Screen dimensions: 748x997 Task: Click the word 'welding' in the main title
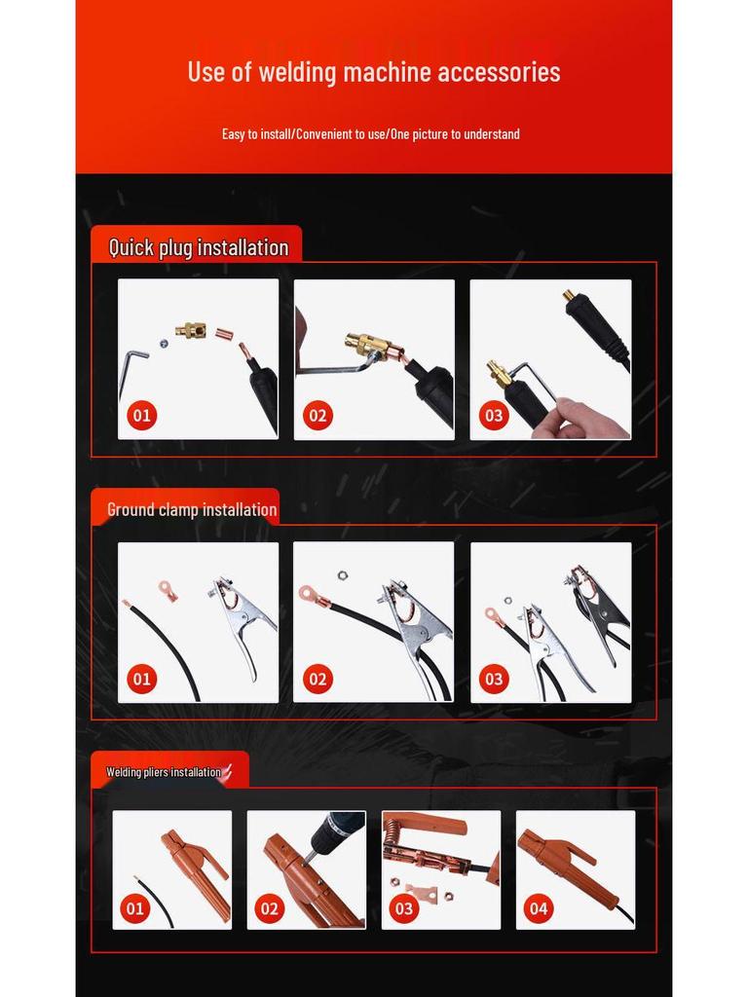point(298,72)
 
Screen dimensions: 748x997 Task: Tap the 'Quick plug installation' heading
point(199,247)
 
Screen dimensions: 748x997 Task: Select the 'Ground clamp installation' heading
point(192,509)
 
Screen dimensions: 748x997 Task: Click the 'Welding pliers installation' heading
point(164,772)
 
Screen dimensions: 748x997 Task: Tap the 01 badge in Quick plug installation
point(141,416)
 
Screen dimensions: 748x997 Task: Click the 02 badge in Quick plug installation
point(318,416)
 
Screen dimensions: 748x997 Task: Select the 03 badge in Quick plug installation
point(494,416)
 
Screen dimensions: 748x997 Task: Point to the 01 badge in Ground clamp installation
point(141,679)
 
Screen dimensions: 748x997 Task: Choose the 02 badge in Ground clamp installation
point(318,679)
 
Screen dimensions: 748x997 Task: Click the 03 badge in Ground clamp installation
point(494,679)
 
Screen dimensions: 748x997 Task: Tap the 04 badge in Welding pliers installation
point(538,908)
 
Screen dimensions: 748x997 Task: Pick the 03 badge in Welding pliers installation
point(404,908)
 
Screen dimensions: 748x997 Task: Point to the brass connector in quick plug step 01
point(192,330)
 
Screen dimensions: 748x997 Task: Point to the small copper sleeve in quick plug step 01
point(223,334)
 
